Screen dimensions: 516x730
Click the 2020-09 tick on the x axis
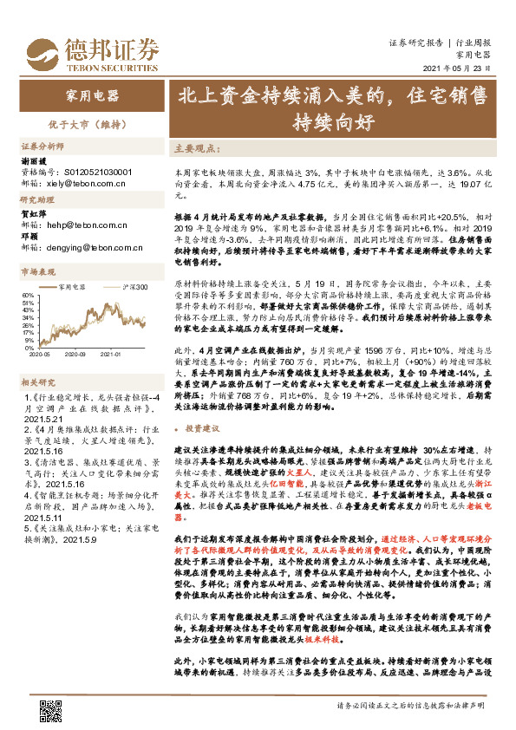(75, 354)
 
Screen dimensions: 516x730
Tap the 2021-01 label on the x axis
(109, 354)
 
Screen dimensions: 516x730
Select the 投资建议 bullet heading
(201, 429)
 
